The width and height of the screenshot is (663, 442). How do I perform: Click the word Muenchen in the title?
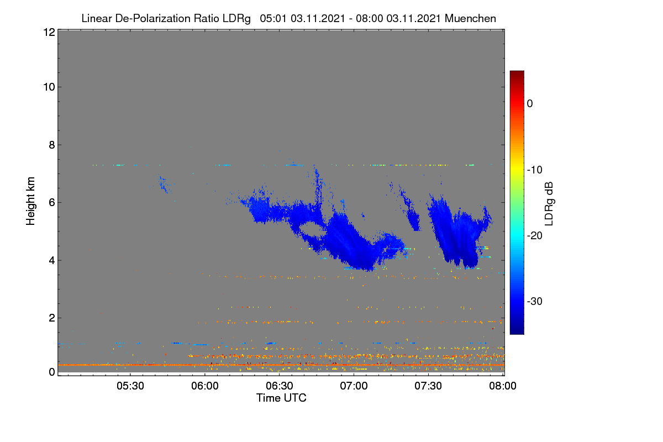point(470,19)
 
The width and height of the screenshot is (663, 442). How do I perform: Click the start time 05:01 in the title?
point(273,19)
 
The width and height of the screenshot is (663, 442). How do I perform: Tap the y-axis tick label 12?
point(49,32)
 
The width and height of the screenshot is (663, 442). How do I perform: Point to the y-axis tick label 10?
point(49,87)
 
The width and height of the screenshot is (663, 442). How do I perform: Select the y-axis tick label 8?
point(52,145)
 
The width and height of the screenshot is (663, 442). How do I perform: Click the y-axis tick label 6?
point(52,203)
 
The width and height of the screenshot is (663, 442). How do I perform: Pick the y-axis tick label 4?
point(52,261)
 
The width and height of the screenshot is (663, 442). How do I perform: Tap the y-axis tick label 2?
point(52,318)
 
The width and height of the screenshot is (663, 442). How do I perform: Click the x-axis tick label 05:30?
point(130,386)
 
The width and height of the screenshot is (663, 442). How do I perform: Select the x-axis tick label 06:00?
point(205,386)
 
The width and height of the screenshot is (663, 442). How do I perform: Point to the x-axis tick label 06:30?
point(280,386)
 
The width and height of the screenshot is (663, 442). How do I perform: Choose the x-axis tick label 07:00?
point(354,386)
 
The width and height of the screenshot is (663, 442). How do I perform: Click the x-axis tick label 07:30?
point(428,386)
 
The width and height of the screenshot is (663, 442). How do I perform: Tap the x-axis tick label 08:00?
point(503,386)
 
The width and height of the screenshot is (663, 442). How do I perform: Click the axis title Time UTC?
point(281,398)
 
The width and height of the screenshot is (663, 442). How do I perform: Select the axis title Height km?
point(30,201)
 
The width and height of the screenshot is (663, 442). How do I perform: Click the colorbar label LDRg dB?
point(549,204)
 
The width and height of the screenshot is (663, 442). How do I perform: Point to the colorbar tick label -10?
point(535,170)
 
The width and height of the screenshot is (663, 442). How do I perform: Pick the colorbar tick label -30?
point(535,301)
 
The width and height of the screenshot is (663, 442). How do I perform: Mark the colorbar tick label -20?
point(535,236)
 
